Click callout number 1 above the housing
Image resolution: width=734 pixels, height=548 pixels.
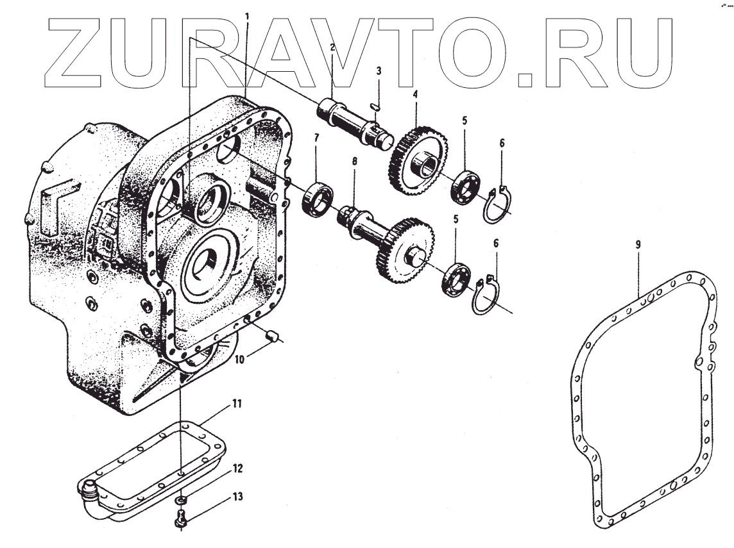tap(248, 14)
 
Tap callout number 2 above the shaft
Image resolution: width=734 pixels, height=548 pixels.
tap(333, 47)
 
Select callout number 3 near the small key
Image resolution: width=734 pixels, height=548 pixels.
tap(379, 71)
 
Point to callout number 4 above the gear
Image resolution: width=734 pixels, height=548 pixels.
tap(415, 94)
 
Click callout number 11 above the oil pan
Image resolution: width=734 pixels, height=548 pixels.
tap(237, 404)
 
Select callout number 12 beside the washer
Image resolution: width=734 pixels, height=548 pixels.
tap(237, 469)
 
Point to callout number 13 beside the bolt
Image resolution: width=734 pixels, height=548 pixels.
tap(237, 497)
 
